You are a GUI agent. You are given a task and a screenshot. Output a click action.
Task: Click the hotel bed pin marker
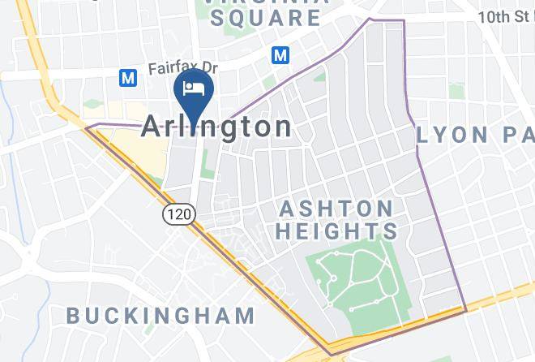click(x=194, y=87)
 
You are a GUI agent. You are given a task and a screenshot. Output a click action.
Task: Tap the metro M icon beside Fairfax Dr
click(x=127, y=78)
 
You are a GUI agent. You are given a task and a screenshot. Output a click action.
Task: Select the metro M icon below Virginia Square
click(x=280, y=55)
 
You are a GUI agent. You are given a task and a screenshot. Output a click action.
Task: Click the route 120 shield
click(x=177, y=214)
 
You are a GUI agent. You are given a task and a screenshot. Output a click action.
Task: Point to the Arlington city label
click(x=217, y=127)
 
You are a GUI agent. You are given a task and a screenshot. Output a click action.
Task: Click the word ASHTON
click(x=336, y=209)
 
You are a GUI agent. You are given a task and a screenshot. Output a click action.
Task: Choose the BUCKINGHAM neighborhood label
click(x=160, y=315)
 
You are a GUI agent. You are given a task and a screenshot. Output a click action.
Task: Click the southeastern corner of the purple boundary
click(x=466, y=310)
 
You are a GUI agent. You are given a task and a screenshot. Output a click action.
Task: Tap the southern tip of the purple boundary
click(x=331, y=355)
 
